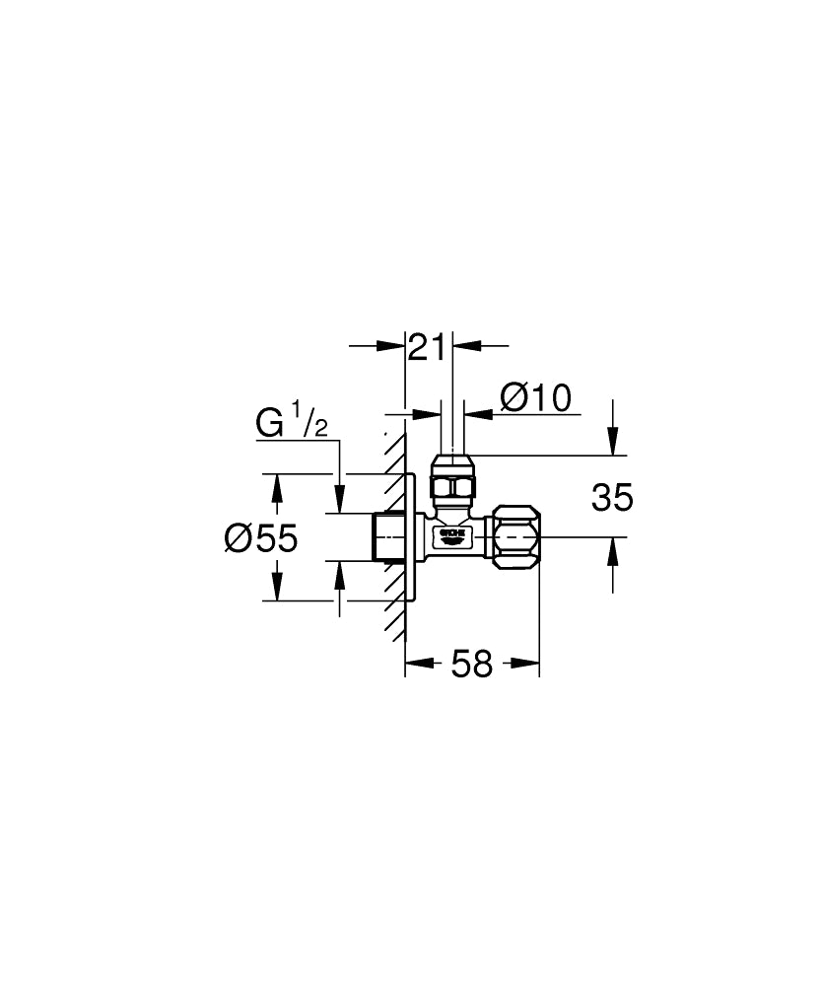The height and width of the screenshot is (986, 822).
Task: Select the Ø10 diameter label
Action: (535, 397)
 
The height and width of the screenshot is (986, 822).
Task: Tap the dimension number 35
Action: (612, 498)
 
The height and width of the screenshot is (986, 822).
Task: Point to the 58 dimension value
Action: (471, 665)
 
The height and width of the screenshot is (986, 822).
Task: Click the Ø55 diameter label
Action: (260, 537)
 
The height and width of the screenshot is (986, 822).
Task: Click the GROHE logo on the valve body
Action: (451, 535)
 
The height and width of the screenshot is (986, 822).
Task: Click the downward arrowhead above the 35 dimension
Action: (613, 443)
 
